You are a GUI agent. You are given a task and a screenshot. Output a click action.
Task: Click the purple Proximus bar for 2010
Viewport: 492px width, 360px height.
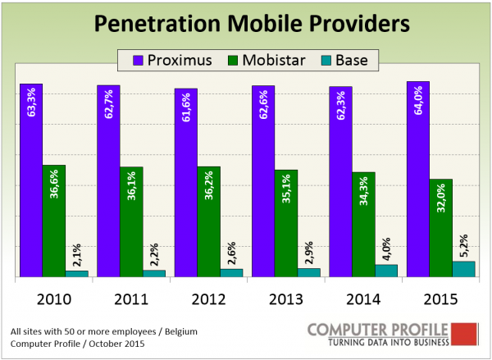click(x=31, y=180)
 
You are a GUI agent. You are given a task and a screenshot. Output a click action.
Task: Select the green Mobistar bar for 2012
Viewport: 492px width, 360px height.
click(x=209, y=221)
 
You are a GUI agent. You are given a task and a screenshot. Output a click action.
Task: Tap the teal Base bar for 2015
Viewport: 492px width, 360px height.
click(x=463, y=270)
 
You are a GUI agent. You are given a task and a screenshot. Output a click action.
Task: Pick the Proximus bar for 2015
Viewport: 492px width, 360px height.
click(x=417, y=180)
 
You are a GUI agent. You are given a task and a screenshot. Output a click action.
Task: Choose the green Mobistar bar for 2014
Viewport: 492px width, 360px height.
click(x=363, y=225)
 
